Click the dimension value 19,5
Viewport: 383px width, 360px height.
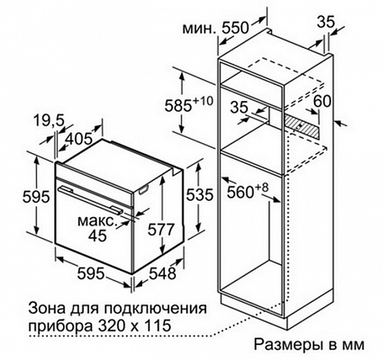[49, 120]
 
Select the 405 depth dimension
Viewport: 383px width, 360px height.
[79, 139]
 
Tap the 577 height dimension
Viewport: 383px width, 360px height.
[160, 229]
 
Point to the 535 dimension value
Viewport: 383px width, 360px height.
[200, 195]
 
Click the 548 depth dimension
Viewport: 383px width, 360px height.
[162, 273]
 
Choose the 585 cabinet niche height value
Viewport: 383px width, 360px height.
[178, 106]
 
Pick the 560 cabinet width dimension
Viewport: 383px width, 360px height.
[241, 192]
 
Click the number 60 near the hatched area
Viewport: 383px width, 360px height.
[322, 101]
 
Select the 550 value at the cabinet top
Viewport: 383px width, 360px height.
[235, 28]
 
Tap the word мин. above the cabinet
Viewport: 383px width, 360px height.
[200, 29]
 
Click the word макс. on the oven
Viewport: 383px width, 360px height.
[96, 221]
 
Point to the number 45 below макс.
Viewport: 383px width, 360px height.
[97, 235]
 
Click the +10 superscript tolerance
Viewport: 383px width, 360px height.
[203, 101]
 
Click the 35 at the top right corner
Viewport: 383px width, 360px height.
[325, 22]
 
